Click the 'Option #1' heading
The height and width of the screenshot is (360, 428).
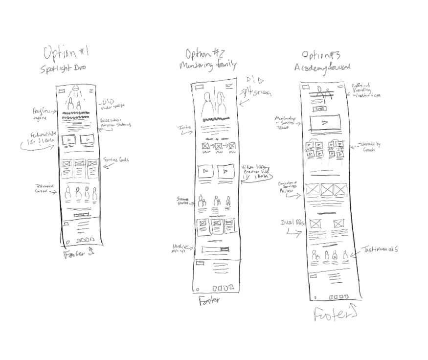pyautogui.click(x=66, y=52)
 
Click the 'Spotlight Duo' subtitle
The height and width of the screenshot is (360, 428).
pyautogui.click(x=63, y=69)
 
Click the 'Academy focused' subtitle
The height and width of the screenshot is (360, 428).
pyautogui.click(x=322, y=67)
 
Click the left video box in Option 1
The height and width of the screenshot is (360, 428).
pyautogui.click(x=68, y=139)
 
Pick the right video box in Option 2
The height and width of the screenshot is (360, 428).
pyautogui.click(x=226, y=171)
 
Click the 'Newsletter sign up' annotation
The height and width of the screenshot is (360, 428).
pyautogui.click(x=180, y=247)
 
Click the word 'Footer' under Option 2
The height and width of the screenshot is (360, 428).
pyautogui.click(x=209, y=301)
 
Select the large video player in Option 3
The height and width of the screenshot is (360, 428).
pyautogui.click(x=325, y=122)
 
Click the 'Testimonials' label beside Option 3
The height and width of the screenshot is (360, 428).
pyautogui.click(x=380, y=249)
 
